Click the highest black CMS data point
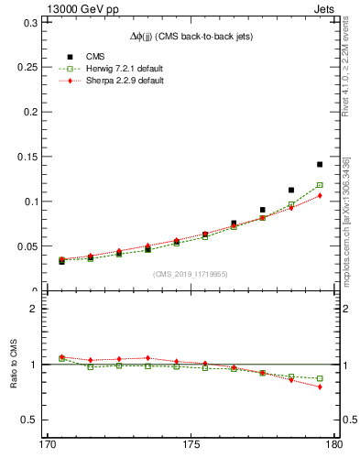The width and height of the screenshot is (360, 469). pos(320,164)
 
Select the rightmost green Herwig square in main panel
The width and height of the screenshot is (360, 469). pos(320,185)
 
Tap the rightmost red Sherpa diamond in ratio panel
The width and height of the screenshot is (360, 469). pos(320,387)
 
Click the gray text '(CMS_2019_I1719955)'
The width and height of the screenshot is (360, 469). pos(190,274)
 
